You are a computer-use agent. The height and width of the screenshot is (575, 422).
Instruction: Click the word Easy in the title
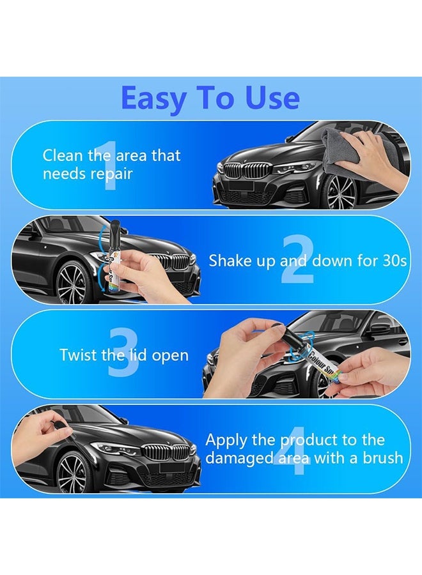point(152,98)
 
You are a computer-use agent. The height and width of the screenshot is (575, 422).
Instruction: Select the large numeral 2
point(297,261)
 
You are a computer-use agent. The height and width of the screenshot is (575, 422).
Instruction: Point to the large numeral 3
point(123,355)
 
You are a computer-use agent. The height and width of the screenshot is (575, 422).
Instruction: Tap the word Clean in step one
point(61,155)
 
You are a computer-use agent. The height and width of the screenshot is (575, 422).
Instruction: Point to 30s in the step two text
point(392,261)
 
